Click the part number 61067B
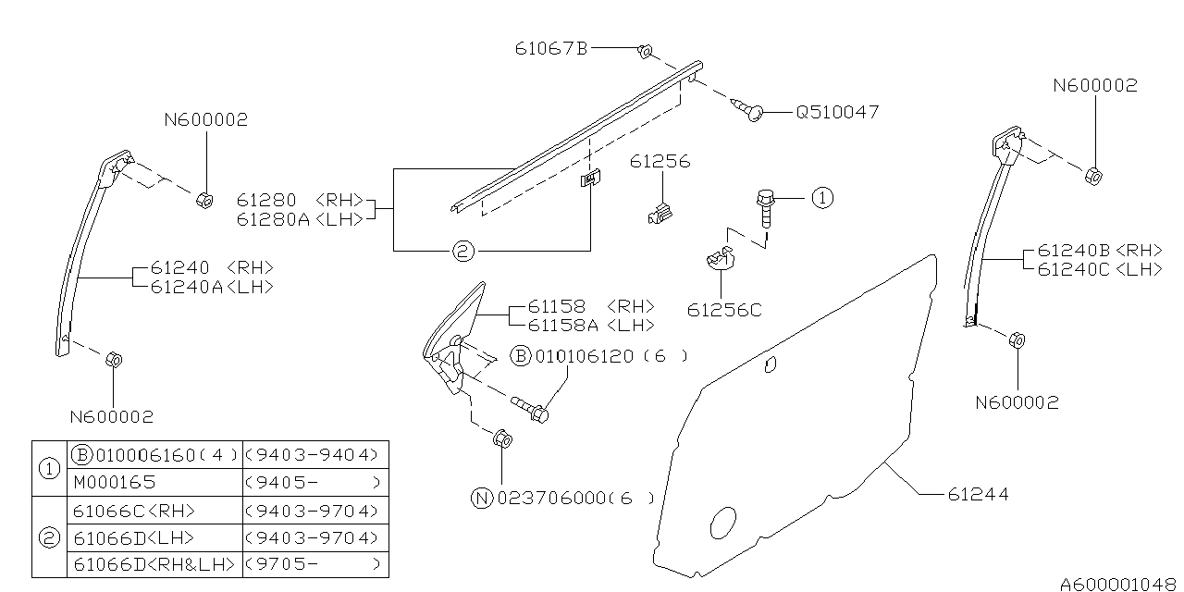click(x=551, y=48)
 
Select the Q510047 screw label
click(x=837, y=112)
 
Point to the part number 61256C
click(x=724, y=310)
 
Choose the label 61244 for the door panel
click(x=978, y=495)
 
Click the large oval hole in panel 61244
click(x=721, y=523)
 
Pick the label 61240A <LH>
click(x=211, y=287)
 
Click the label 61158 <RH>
click(x=591, y=306)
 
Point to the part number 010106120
click(x=585, y=356)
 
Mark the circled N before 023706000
click(x=481, y=498)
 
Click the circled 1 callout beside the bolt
click(x=822, y=197)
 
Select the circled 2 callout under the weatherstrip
click(x=464, y=250)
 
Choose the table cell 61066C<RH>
click(x=132, y=510)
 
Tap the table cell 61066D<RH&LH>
click(x=154, y=564)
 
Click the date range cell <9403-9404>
click(x=314, y=455)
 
